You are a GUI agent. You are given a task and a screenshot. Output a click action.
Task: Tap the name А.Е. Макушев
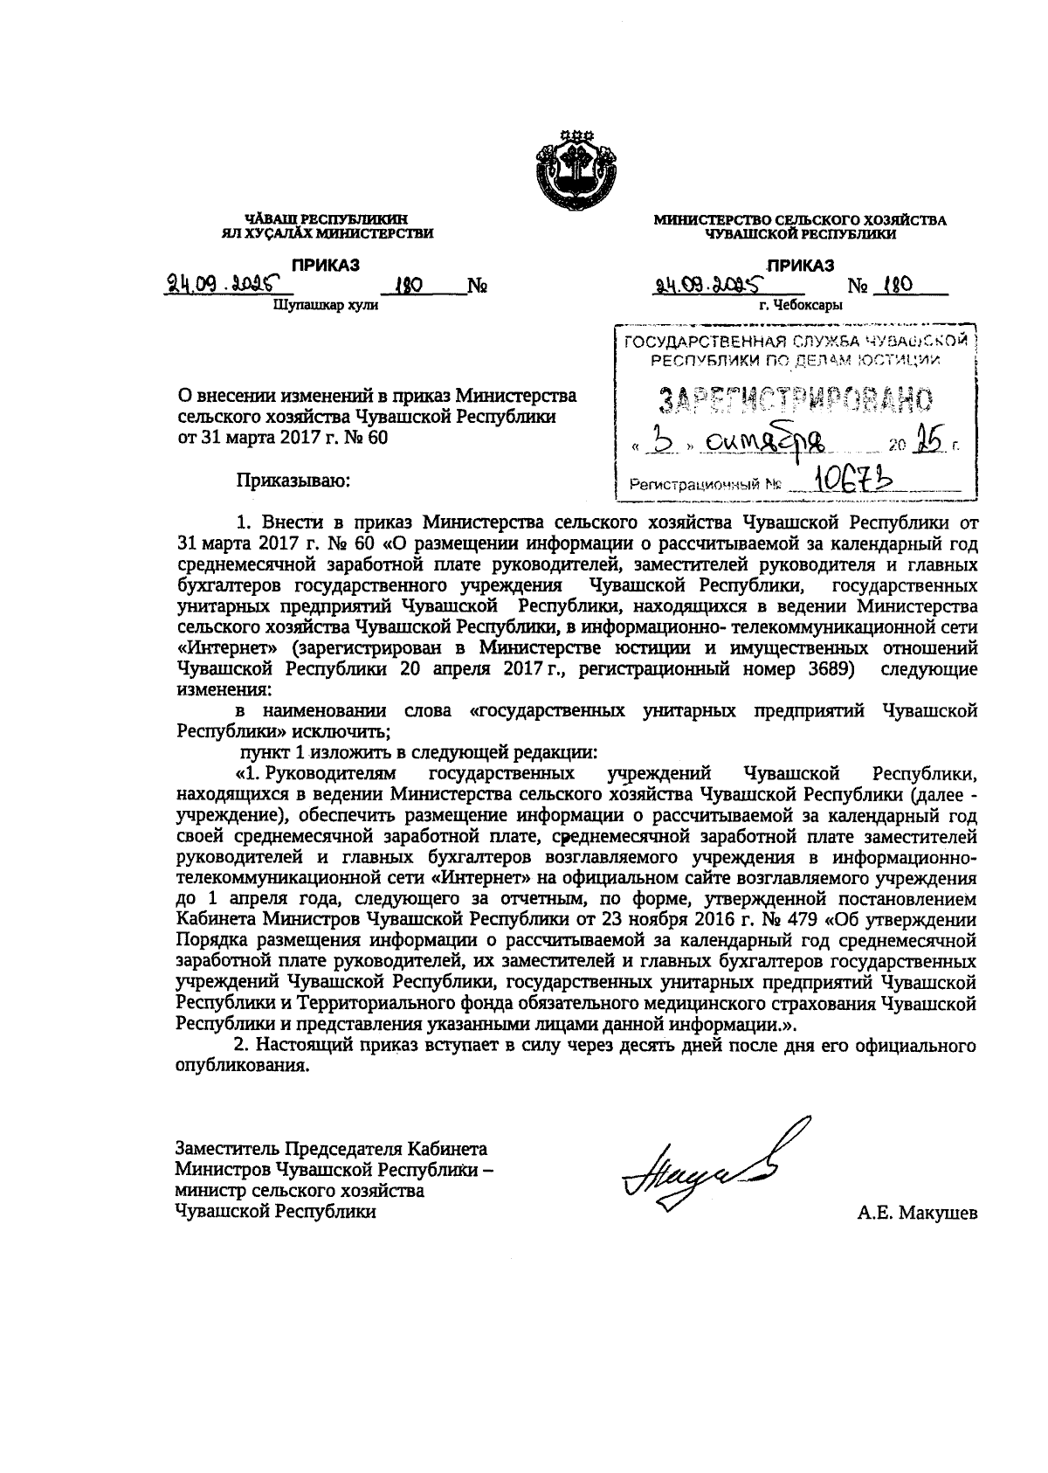pos(917,1213)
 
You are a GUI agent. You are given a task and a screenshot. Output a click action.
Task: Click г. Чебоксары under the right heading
pos(800,306)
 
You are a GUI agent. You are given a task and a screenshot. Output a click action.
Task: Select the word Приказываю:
pos(292,479)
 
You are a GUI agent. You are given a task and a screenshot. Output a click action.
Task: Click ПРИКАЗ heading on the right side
pos(800,266)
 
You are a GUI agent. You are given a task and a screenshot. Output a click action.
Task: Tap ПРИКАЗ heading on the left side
pos(326,266)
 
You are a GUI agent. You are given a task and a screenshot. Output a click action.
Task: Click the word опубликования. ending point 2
pos(244,1065)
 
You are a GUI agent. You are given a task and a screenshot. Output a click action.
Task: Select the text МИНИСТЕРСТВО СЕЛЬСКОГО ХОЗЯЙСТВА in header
pos(800,221)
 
